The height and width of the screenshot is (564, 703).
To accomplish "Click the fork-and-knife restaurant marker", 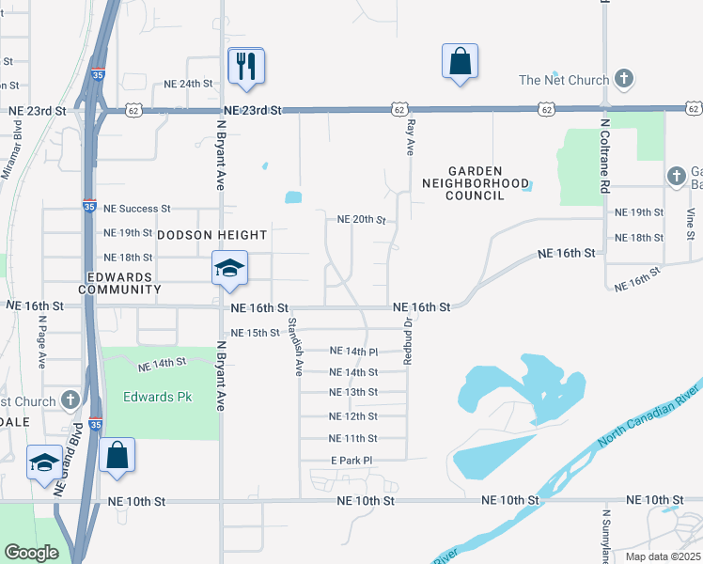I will [x=246, y=65].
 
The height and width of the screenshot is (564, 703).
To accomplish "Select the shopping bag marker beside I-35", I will [x=117, y=455].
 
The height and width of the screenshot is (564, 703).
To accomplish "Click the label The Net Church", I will [x=564, y=80].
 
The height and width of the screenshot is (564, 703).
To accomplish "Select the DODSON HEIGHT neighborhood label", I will [x=211, y=234].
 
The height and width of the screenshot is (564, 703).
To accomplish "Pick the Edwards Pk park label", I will [x=157, y=397].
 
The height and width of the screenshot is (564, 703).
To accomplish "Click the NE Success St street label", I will [x=137, y=208].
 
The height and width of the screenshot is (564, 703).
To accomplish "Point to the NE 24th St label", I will [x=189, y=84].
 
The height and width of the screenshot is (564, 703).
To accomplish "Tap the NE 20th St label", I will [x=362, y=220].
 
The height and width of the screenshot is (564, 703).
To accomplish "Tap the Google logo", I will [x=32, y=552].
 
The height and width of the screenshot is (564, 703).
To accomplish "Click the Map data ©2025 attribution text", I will [x=662, y=556].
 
